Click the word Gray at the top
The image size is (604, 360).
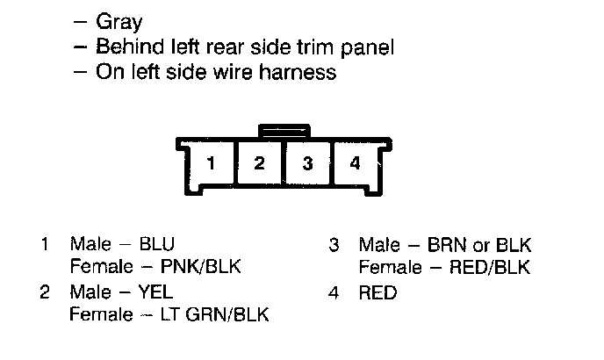click(x=119, y=22)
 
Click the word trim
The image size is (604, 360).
click(x=314, y=47)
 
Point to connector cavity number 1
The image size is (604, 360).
click(x=211, y=163)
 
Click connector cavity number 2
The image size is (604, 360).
click(x=259, y=163)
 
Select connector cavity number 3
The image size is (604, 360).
click(x=307, y=163)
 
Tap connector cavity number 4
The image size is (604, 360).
click(x=356, y=163)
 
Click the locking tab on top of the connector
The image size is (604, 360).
click(x=284, y=130)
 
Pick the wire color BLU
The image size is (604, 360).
click(x=157, y=243)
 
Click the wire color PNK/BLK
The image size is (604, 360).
click(x=200, y=266)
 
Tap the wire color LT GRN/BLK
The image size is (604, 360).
click(x=214, y=314)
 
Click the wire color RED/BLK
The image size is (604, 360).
click(x=490, y=267)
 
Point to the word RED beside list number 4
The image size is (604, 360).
click(x=377, y=292)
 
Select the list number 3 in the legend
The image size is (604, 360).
click(x=334, y=245)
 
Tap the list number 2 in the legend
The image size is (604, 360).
click(x=45, y=292)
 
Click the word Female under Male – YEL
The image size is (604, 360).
click(x=101, y=314)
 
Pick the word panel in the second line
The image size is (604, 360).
click(x=368, y=47)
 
